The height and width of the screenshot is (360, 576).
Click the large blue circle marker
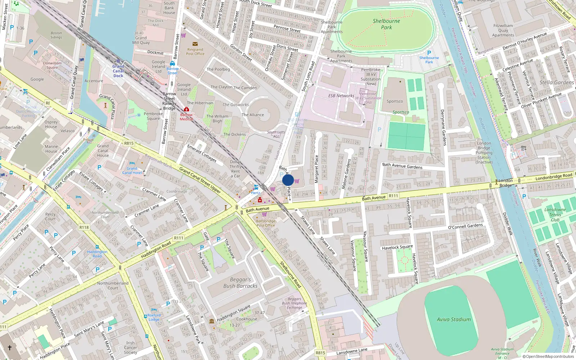[x=288, y=180]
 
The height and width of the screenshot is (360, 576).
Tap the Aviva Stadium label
[x=454, y=319]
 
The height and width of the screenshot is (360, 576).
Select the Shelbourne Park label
[x=386, y=24]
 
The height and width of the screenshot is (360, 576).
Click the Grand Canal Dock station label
[x=118, y=71]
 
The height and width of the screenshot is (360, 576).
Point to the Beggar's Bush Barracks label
[x=240, y=283]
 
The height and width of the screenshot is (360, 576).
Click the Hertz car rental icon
[x=256, y=187]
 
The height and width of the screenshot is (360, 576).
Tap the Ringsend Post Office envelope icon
[x=195, y=44]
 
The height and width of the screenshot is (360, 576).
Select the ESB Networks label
[x=341, y=96]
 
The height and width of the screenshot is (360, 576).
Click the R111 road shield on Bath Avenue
[x=393, y=196]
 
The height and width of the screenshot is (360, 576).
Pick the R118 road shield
[x=84, y=227]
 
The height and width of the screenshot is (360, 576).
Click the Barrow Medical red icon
[x=186, y=109]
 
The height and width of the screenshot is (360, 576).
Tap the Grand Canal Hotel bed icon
[x=132, y=163]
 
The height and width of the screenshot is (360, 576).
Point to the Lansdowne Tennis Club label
[x=555, y=215]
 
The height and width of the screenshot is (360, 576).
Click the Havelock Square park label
[x=397, y=247]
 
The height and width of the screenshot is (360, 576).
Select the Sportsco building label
[x=395, y=101]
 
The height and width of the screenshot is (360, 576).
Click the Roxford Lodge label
[x=154, y=317]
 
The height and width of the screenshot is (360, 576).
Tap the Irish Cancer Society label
[x=130, y=347]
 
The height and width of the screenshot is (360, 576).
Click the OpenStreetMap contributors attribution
[x=548, y=356]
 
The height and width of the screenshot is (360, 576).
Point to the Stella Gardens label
[x=557, y=82]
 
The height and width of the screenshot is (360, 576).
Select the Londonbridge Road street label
[x=554, y=177]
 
